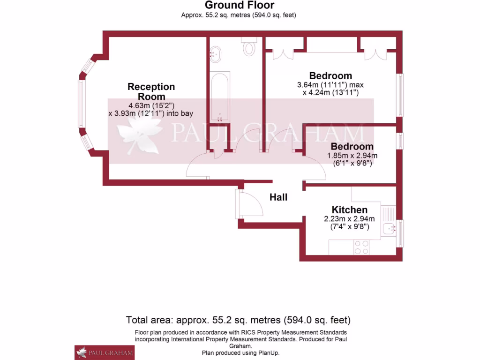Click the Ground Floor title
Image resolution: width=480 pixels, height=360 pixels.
[x=240, y=5]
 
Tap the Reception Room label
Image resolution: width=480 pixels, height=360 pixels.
[x=151, y=91]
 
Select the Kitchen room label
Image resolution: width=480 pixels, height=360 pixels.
[x=349, y=210]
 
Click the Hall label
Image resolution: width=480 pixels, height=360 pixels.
[x=278, y=197]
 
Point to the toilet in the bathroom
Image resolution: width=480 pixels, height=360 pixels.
[x=249, y=47]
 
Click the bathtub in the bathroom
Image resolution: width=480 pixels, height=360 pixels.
[x=219, y=97]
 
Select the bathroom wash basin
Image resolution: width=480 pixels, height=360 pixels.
[x=216, y=54]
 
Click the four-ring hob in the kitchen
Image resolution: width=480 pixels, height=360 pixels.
[x=361, y=247]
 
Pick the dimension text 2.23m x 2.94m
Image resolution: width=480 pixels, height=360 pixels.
[x=349, y=219]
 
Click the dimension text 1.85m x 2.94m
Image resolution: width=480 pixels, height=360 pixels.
[x=352, y=156]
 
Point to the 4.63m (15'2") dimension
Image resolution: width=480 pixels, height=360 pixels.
[x=151, y=105]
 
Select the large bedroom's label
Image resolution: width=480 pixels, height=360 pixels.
[x=330, y=75]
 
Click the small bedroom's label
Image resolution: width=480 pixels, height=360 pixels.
[x=352, y=146]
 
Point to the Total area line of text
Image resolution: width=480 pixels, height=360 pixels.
[x=238, y=321]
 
